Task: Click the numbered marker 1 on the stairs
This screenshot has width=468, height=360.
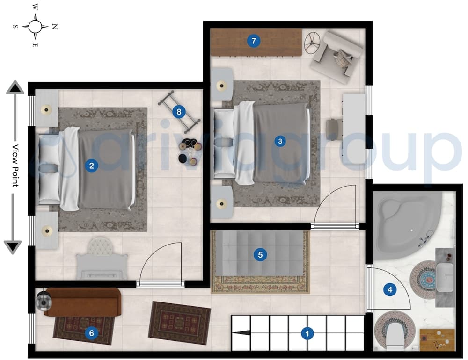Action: tap(307, 333)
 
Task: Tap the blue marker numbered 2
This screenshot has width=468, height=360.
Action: tap(92, 165)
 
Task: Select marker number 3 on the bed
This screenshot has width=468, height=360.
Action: tap(280, 140)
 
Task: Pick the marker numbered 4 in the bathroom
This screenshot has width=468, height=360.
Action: tap(389, 289)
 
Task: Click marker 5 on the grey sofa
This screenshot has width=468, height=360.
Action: tap(260, 255)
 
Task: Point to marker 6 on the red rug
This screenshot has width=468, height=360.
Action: tap(91, 333)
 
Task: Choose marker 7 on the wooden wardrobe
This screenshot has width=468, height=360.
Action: tap(253, 41)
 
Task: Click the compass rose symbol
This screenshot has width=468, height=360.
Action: tap(35, 26)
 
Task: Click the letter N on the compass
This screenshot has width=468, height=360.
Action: tap(55, 27)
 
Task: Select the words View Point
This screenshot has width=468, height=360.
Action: tap(15, 166)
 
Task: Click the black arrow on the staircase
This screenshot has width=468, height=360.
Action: tap(241, 333)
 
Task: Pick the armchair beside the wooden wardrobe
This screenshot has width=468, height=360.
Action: tap(337, 55)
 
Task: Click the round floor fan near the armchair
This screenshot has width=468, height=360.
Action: tap(312, 43)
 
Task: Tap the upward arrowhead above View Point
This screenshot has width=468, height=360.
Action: tap(15, 87)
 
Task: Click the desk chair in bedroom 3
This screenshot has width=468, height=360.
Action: tap(334, 126)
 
